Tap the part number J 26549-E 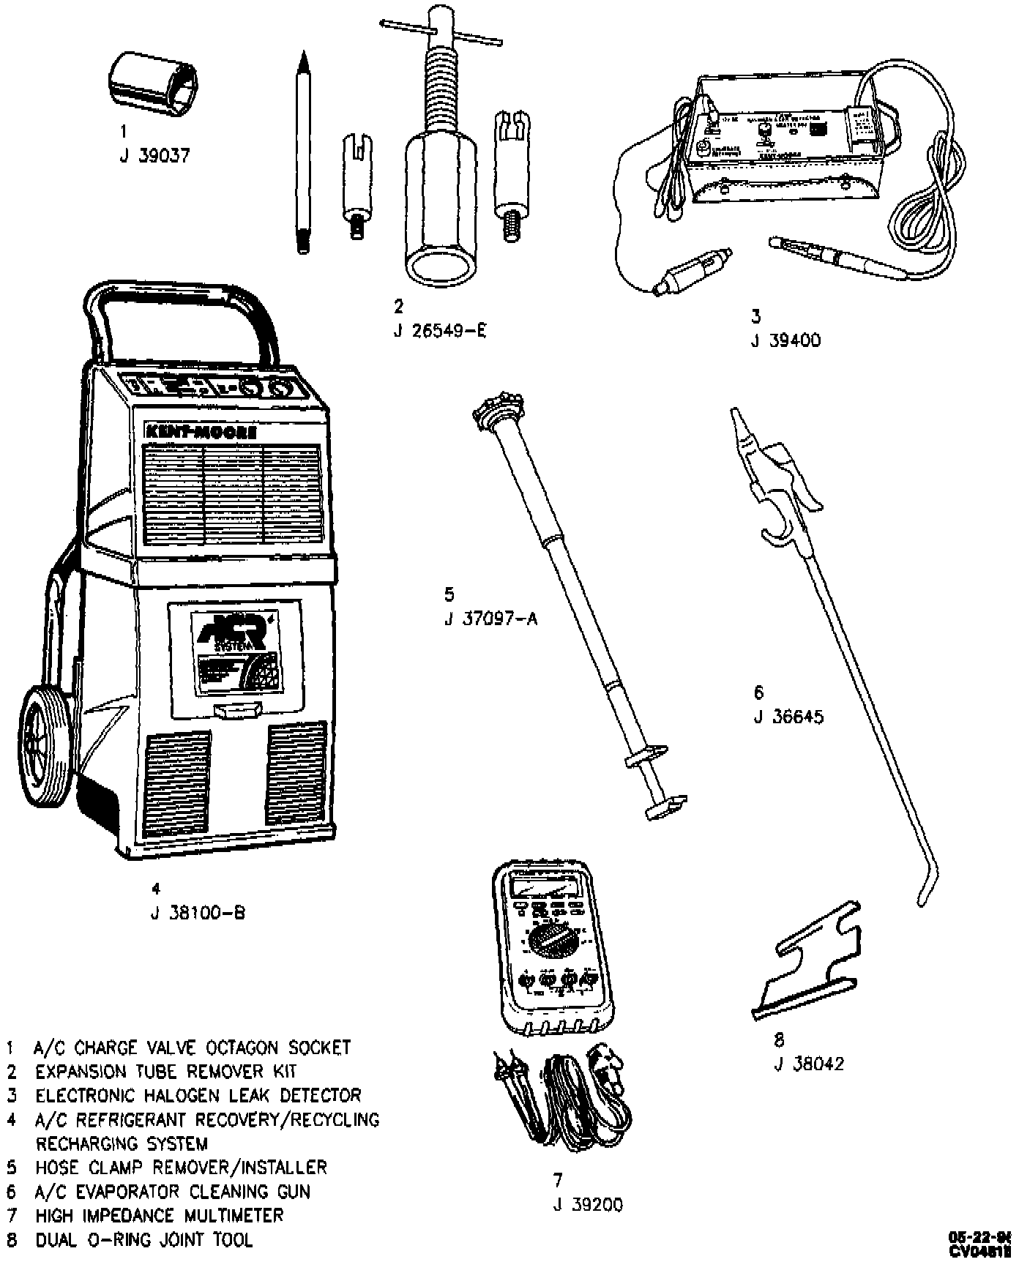click(x=439, y=331)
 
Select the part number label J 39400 click(x=785, y=340)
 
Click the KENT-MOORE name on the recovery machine click(x=201, y=433)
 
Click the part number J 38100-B click(x=198, y=913)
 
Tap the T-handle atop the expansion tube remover click(x=441, y=32)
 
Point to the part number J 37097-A click(x=490, y=619)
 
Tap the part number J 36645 click(x=788, y=717)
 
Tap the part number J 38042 click(x=809, y=1064)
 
